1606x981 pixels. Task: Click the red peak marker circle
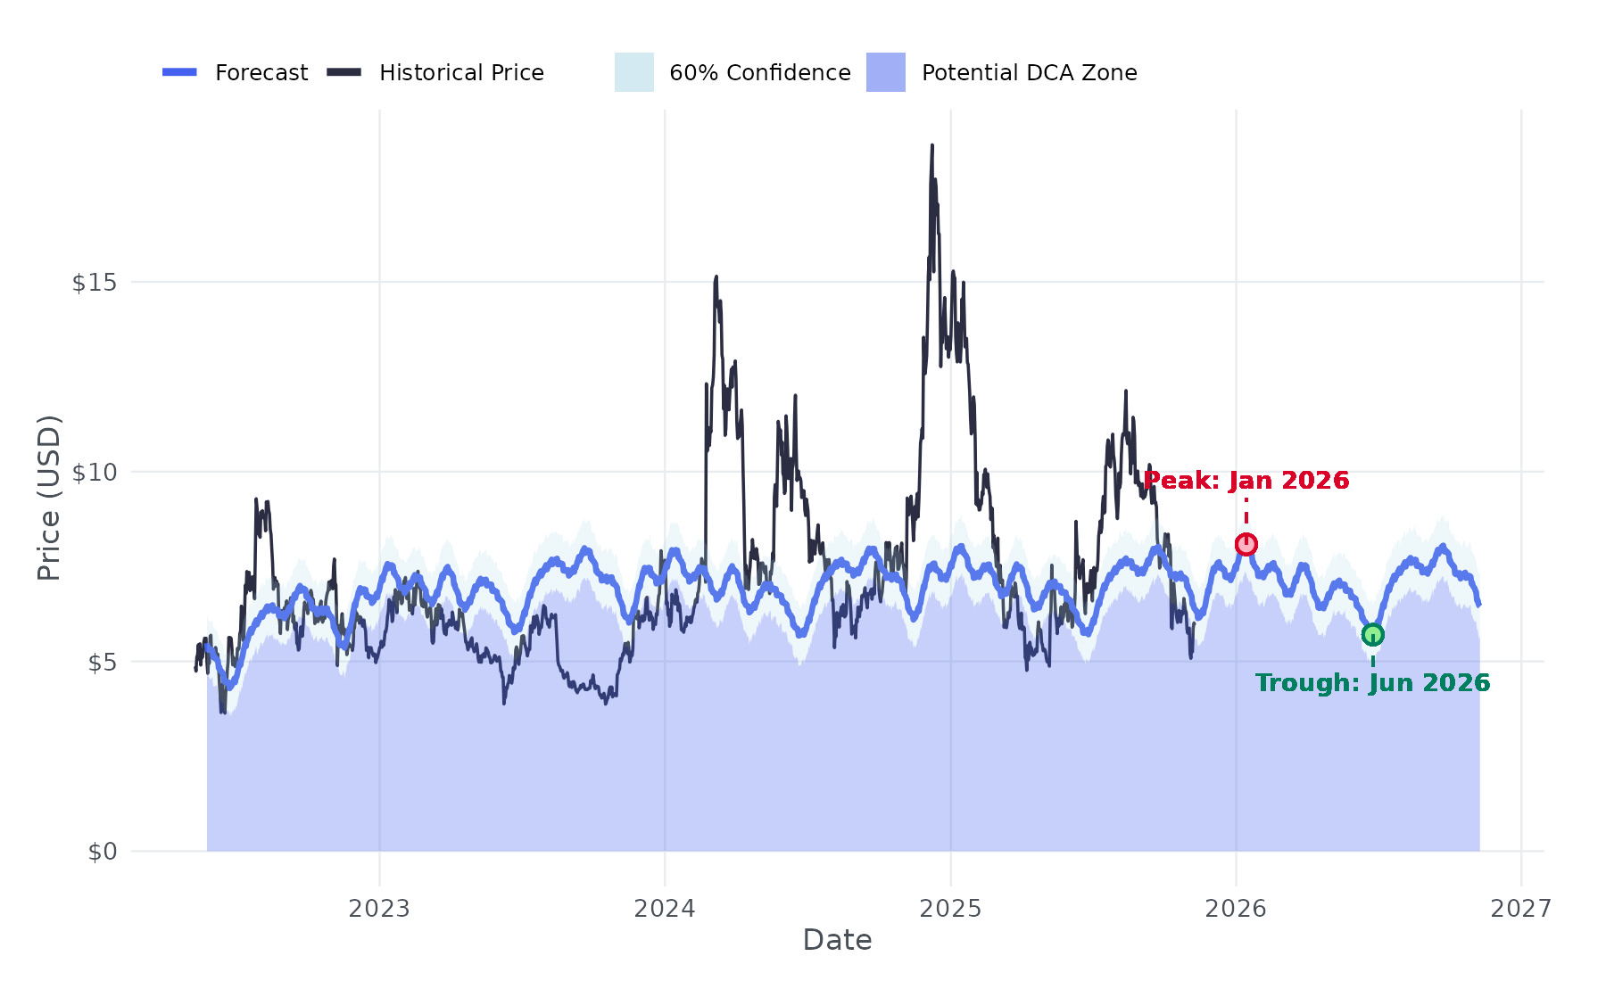click(1246, 544)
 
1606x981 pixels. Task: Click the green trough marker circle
click(1372, 635)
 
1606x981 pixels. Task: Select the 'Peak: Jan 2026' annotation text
click(1246, 481)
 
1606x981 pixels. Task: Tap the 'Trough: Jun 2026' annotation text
click(1372, 683)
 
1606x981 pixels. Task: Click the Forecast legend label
click(261, 73)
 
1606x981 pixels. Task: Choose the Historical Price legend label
click(461, 73)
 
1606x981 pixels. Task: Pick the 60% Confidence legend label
click(759, 73)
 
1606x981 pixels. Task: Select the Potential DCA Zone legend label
click(1029, 73)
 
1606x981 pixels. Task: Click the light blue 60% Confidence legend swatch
click(633, 72)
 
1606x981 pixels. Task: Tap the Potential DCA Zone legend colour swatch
click(885, 72)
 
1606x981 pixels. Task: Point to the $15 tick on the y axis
click(95, 283)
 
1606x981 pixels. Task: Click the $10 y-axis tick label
click(95, 473)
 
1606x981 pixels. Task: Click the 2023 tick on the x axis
click(379, 909)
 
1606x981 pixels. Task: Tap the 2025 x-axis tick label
click(950, 909)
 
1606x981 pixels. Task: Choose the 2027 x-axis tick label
click(1521, 909)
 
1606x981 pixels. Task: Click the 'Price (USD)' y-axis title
click(49, 498)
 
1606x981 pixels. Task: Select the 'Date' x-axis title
click(837, 940)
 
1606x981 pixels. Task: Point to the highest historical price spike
click(932, 146)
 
